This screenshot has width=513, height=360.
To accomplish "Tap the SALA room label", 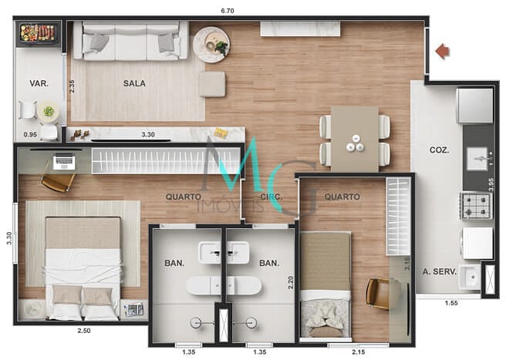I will (134, 83).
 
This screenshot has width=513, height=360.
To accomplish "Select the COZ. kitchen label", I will (440, 150).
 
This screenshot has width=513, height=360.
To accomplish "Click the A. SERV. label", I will (440, 271).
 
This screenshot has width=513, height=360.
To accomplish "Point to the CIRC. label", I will (271, 197).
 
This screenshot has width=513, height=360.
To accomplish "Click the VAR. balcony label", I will (39, 83).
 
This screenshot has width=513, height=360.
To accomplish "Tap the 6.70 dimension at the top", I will (227, 11).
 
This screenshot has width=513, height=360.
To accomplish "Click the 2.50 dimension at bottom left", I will (84, 331).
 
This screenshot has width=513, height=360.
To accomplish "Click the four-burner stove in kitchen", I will (476, 205).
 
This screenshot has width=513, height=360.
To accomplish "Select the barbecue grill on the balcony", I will (39, 33).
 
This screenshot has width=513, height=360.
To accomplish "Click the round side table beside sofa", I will (211, 44).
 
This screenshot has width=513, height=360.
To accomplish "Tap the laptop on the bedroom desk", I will (64, 162).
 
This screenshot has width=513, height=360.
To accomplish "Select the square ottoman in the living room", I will (211, 84).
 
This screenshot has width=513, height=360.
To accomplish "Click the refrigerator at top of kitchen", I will (474, 106).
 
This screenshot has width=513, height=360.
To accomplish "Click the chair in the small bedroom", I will (377, 293).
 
